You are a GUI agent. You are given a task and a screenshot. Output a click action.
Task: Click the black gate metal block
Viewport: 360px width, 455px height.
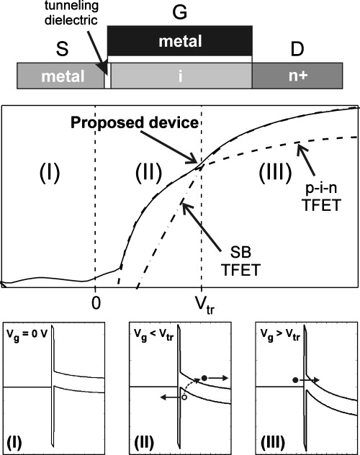[180, 40]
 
